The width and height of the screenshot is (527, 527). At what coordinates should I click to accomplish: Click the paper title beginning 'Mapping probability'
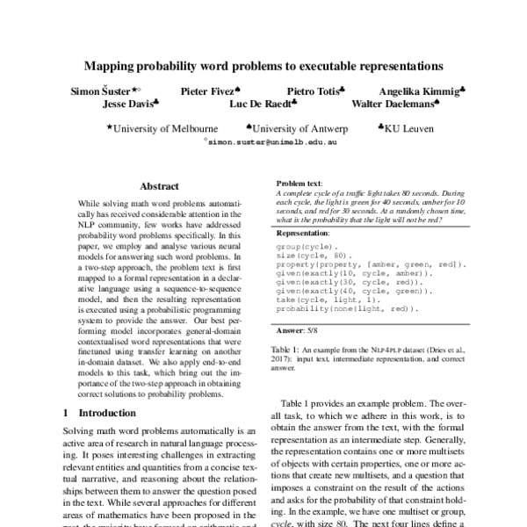click(263, 65)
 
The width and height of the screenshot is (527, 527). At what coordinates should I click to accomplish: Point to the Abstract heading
click(159, 186)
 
